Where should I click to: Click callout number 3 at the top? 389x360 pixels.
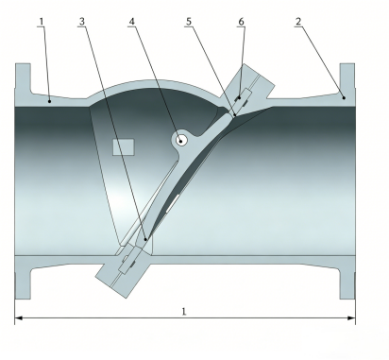click(82, 22)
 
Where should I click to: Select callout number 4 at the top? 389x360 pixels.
click(131, 22)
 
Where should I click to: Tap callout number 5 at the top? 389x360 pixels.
click(189, 22)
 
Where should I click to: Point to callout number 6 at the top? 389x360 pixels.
click(241, 22)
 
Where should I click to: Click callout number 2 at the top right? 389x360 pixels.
click(298, 22)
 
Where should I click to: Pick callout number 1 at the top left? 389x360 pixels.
click(42, 22)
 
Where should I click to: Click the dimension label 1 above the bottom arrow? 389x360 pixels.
click(184, 312)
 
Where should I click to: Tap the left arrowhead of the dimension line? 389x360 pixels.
click(18, 318)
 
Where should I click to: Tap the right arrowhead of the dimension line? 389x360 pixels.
click(351, 318)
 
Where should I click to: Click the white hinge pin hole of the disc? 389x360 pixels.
click(180, 141)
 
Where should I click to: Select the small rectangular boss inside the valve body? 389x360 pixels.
click(124, 147)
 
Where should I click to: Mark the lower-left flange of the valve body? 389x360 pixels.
click(23, 277)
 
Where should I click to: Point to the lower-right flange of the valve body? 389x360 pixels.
click(347, 277)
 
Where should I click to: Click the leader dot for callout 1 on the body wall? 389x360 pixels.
click(49, 101)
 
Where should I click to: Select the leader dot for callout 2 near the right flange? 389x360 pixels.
click(344, 98)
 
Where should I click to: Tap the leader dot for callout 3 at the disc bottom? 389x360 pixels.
click(145, 239)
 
